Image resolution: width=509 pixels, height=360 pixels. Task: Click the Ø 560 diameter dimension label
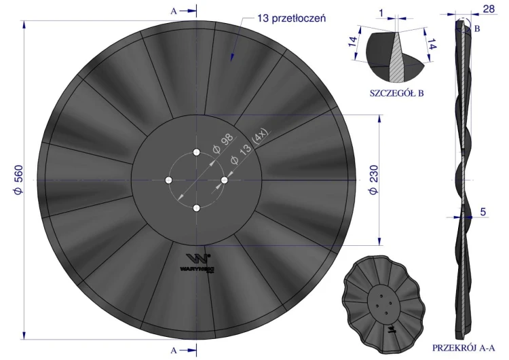click(x=19, y=180)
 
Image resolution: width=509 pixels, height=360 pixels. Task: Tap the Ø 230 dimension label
click(x=373, y=180)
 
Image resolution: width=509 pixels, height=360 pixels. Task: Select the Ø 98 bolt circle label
click(x=223, y=143)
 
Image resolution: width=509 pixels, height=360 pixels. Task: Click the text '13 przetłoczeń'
click(x=292, y=18)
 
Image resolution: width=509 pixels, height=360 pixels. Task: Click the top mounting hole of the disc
click(x=196, y=152)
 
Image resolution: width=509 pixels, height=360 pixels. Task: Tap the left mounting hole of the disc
click(x=168, y=180)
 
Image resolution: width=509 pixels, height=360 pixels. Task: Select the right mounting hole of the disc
click(x=225, y=180)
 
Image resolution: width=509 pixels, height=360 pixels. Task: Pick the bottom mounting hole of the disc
click(x=196, y=208)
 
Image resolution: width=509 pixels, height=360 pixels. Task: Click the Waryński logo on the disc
click(x=198, y=262)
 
